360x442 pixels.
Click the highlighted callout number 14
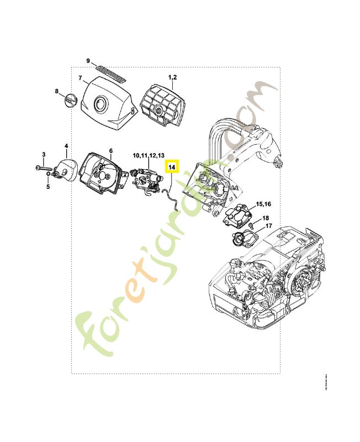point(172,166)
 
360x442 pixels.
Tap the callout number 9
point(88,60)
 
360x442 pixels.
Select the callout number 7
point(80,78)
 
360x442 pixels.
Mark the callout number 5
point(48,187)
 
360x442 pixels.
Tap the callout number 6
point(110,150)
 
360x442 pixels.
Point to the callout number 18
point(266,218)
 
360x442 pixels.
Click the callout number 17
point(268,226)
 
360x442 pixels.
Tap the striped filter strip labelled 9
point(110,71)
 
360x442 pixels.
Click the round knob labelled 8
point(70,101)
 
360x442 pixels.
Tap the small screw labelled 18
point(251,225)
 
